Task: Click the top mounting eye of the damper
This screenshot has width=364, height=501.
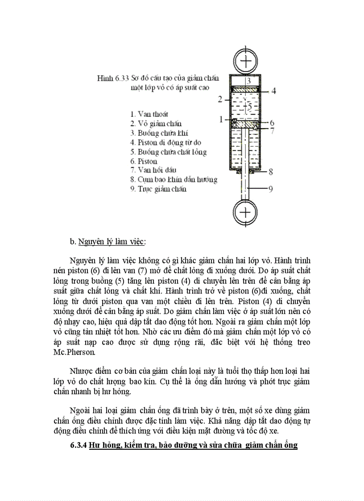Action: point(245,60)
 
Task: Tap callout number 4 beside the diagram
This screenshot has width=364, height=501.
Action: point(273,91)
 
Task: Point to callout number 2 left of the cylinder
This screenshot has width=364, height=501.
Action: point(219,99)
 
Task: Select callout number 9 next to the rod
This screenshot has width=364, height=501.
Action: point(270,189)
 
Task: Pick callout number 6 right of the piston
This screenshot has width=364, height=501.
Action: point(272,123)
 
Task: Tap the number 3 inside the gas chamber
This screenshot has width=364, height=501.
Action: point(249,81)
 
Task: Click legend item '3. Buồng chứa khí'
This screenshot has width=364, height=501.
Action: point(159,133)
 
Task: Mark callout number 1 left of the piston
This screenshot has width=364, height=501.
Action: point(220,119)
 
